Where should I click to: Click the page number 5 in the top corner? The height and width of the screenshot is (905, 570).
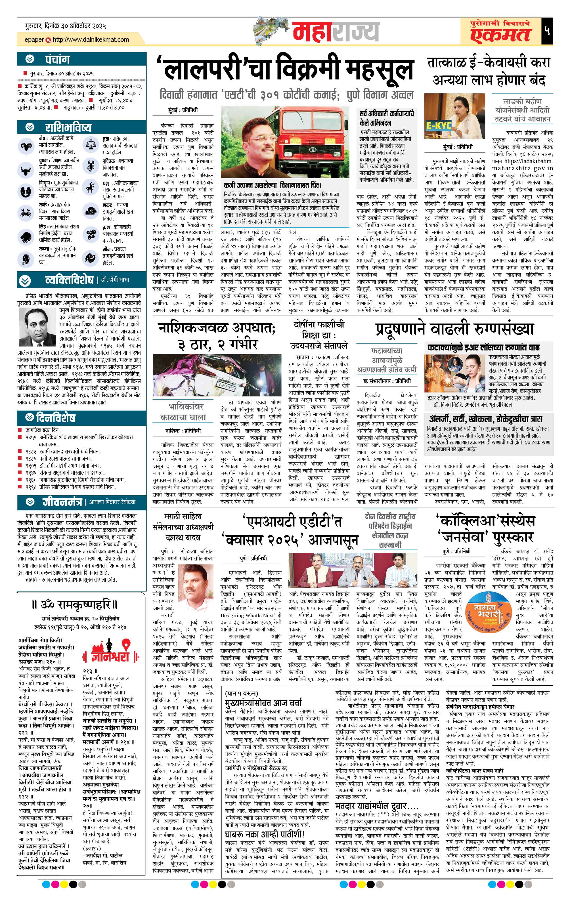click(x=547, y=30)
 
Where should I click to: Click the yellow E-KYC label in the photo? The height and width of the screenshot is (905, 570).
click(x=438, y=125)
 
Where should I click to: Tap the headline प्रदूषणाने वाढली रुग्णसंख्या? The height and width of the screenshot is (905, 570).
click(x=454, y=329)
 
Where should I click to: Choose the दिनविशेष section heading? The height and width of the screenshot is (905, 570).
click(x=55, y=417)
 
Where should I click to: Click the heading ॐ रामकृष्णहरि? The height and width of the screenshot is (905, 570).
click(x=74, y=605)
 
